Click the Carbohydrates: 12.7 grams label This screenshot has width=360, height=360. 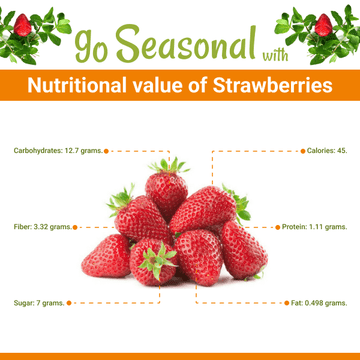56,151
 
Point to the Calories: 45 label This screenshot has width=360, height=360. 327,151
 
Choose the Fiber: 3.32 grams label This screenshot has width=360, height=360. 42,227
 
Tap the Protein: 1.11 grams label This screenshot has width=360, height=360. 314,227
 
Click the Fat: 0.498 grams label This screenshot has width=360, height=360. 319,302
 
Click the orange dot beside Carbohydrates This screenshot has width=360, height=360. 106,151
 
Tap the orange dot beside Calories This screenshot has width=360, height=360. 303,151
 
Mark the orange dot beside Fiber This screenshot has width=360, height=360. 77,227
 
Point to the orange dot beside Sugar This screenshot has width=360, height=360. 69,302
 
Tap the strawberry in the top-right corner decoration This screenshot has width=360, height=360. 322,27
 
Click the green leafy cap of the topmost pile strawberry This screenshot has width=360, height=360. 168,166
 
